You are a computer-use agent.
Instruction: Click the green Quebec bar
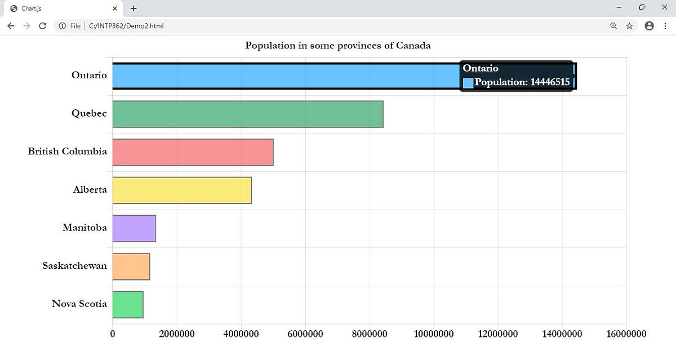click(x=248, y=114)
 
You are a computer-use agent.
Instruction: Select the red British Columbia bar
click(x=193, y=152)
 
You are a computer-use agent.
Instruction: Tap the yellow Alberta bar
click(x=182, y=190)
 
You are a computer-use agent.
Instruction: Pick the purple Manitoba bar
click(x=134, y=228)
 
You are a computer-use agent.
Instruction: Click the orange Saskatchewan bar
click(x=131, y=266)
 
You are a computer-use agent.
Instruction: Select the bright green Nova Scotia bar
click(x=128, y=304)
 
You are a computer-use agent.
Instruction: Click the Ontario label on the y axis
click(x=89, y=75)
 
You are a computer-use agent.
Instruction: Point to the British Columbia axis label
click(x=68, y=151)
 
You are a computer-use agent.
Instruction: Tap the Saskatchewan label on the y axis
click(x=74, y=265)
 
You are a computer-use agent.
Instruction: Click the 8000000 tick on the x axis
click(x=370, y=334)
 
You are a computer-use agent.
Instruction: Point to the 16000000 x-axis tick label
click(x=626, y=334)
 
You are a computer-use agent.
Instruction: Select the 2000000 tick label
click(x=177, y=334)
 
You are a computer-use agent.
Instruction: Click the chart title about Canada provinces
click(x=338, y=45)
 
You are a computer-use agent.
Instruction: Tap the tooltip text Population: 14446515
click(x=522, y=82)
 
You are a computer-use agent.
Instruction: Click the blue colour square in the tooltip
click(x=468, y=83)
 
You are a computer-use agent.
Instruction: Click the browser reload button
click(x=42, y=26)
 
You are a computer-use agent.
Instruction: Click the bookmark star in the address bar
click(x=629, y=26)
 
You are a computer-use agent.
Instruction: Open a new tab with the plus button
click(x=134, y=8)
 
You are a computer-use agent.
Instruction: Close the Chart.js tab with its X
click(x=115, y=8)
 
